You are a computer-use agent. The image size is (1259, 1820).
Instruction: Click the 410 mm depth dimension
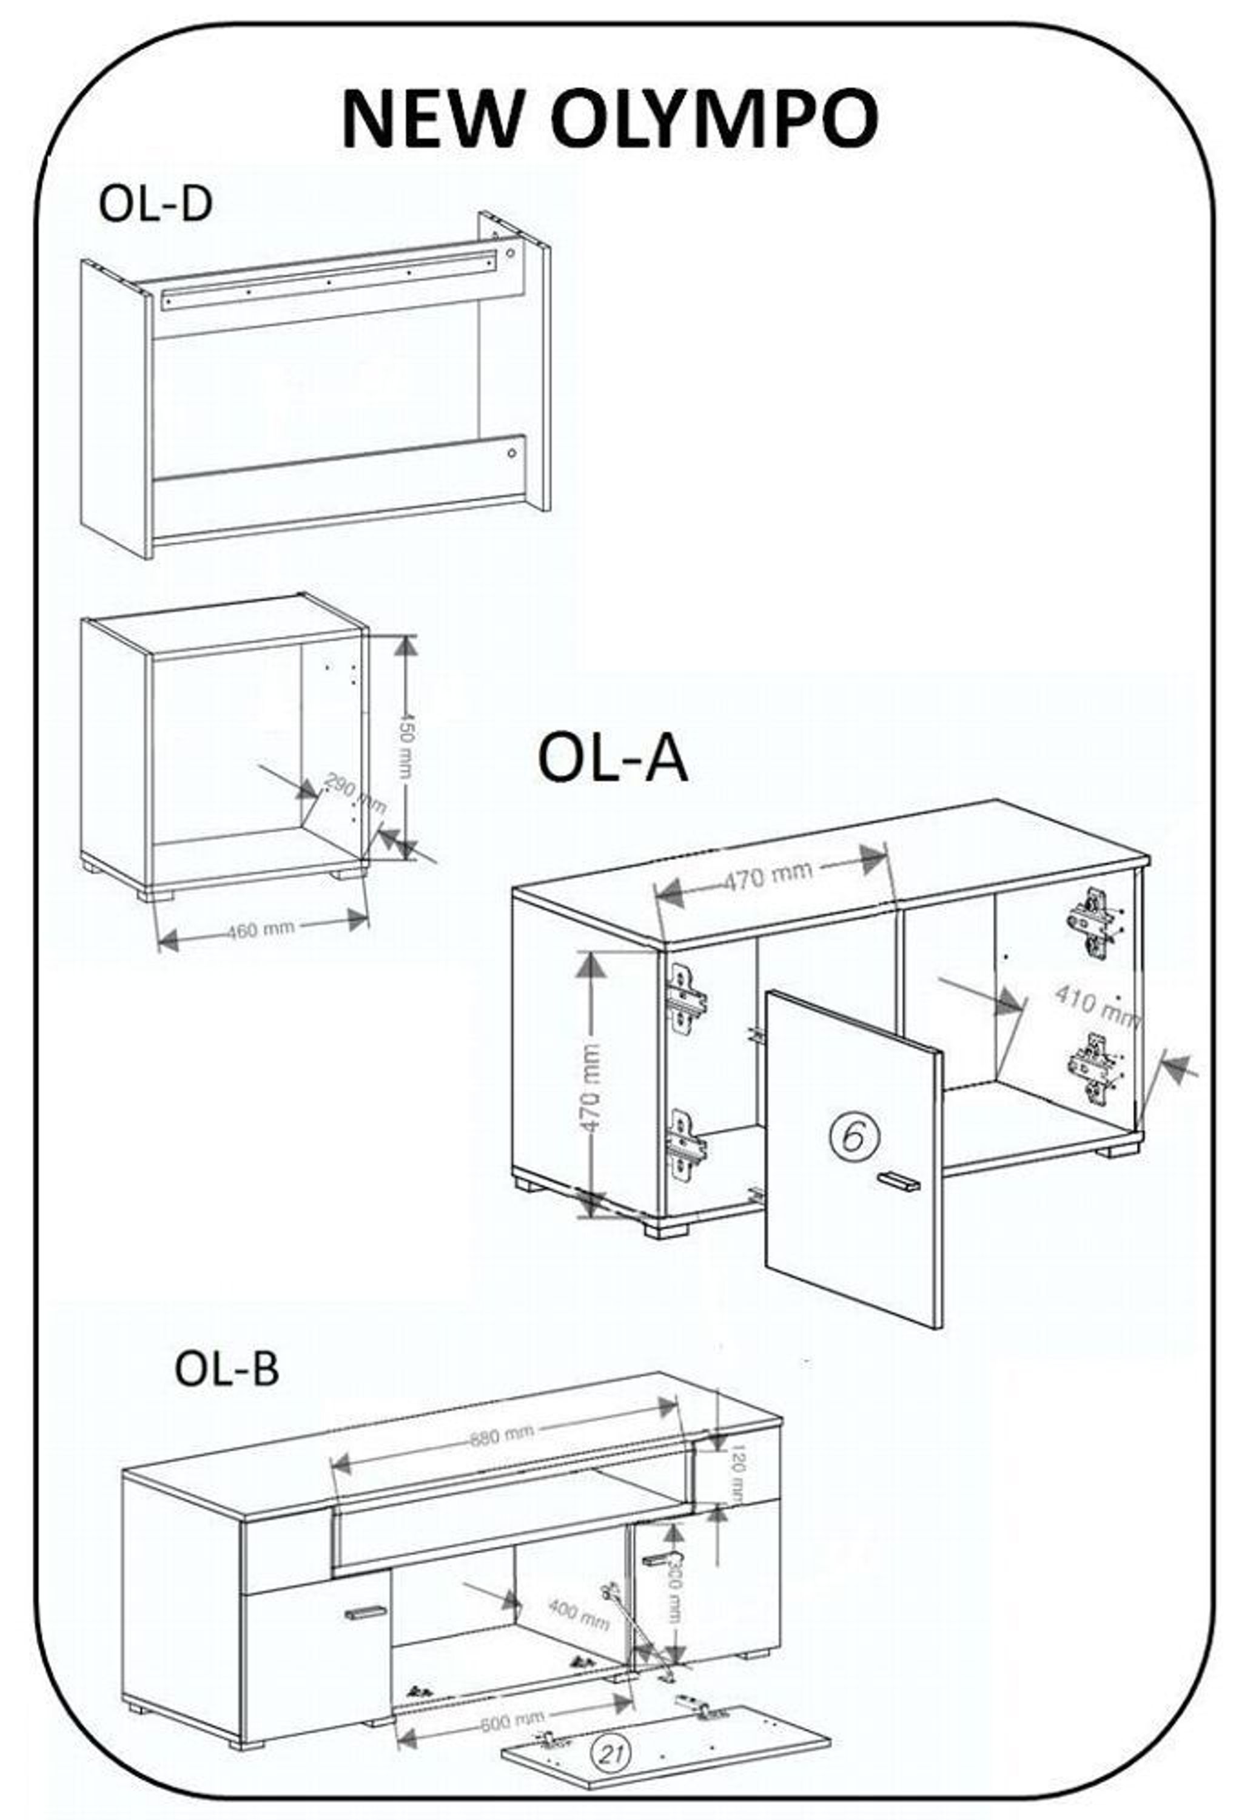(1096, 1005)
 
